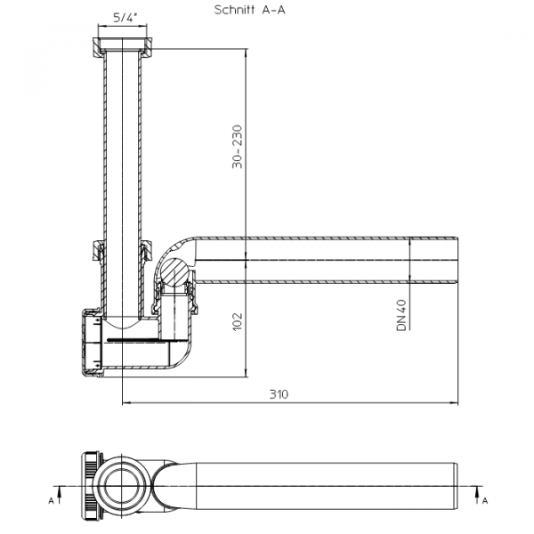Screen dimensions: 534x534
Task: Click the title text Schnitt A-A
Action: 249,10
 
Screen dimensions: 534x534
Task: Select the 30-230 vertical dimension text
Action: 237,147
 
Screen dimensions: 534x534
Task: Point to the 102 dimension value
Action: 237,321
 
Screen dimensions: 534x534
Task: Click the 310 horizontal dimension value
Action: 279,394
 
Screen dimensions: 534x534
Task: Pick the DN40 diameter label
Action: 401,315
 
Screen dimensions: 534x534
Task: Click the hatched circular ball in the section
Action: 174,271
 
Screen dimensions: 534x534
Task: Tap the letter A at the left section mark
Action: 52,500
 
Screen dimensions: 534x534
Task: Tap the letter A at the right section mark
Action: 485,500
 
